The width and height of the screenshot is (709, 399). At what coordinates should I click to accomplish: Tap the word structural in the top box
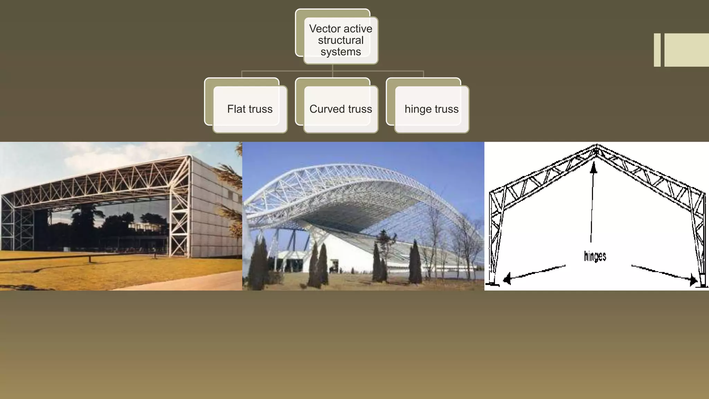pos(341,40)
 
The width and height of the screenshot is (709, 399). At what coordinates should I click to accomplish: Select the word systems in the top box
pos(341,52)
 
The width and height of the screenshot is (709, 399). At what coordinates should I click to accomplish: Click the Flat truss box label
pos(250,109)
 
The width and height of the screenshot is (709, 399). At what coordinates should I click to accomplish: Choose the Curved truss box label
pos(341,109)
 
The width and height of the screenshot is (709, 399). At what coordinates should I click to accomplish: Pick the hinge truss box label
pos(431,109)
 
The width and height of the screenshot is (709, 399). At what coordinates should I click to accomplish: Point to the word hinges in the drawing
pos(595,256)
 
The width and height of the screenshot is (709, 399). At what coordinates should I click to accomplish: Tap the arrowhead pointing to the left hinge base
pos(507,278)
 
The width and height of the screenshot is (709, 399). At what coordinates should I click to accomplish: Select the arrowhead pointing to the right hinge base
pos(693,280)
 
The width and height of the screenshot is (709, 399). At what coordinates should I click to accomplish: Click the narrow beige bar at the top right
pos(657,50)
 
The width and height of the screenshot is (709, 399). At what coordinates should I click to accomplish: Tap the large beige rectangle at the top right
pos(686,50)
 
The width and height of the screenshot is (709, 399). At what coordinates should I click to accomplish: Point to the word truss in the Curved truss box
pos(360,109)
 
